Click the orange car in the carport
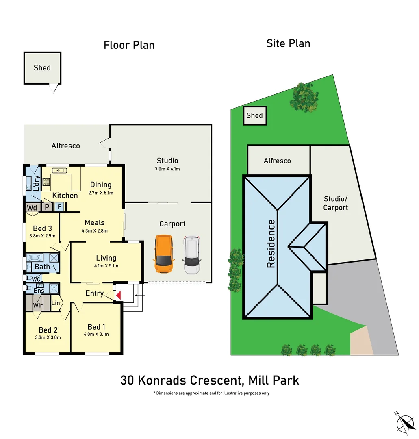[x=164, y=254]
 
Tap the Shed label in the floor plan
[x=42, y=68]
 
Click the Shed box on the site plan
[x=255, y=115]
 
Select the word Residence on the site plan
[x=271, y=243]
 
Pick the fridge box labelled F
[x=59, y=207]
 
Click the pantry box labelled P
[x=47, y=207]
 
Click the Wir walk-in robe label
[x=38, y=305]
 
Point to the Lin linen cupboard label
[x=56, y=303]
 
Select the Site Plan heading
[x=288, y=43]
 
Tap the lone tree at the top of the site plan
[x=304, y=97]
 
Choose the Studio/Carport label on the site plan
[x=336, y=203]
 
